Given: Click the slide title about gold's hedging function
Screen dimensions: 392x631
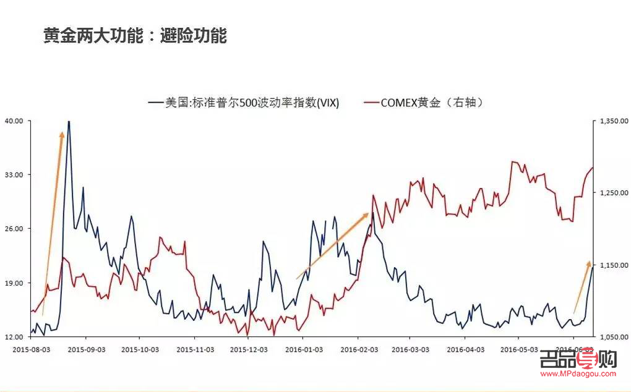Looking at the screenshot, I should click(135, 36).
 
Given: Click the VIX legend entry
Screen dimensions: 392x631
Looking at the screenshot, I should click(244, 103).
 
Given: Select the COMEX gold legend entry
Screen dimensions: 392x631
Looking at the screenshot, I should click(424, 103).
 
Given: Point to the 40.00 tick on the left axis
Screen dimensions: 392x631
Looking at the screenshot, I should click(14, 121).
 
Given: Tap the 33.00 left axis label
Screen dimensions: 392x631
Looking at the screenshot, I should click(14, 175).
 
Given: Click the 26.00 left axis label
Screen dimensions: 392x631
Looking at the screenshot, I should click(14, 229).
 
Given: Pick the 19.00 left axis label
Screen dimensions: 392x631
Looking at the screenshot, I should click(14, 283).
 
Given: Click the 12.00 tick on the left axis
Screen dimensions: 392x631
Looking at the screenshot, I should click(14, 337).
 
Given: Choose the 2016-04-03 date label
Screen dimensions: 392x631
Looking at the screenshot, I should click(465, 349).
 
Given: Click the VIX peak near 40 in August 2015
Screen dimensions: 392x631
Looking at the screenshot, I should click(69, 122).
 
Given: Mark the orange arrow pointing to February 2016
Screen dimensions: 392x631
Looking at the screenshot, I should click(333, 246).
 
